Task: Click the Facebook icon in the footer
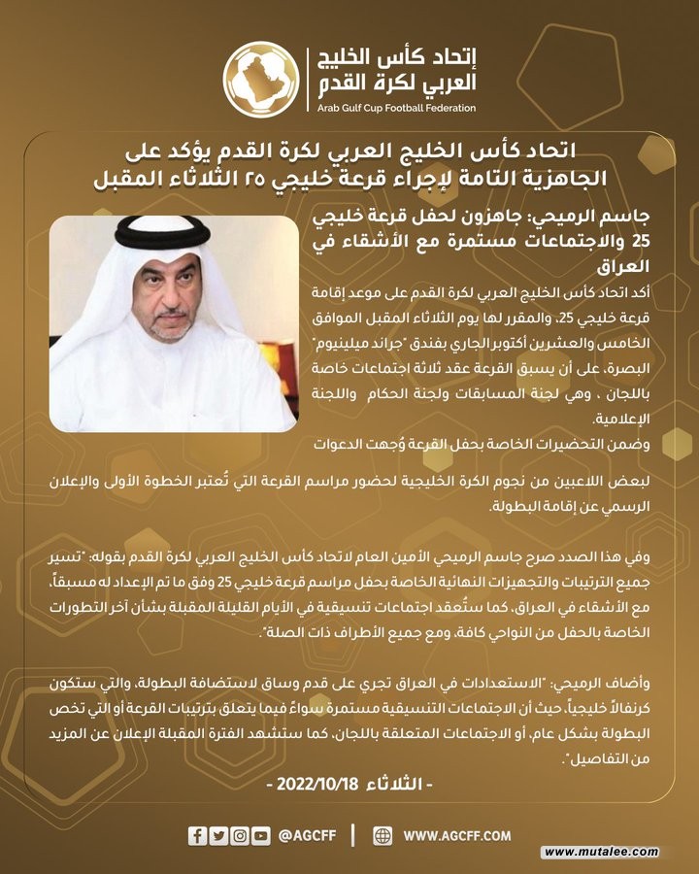pos(197,835)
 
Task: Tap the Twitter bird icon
pos(218,835)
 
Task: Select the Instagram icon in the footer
pos(240,835)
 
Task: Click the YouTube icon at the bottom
pos(262,835)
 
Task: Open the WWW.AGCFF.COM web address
pos(457,835)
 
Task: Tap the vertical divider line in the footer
pos(352,835)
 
